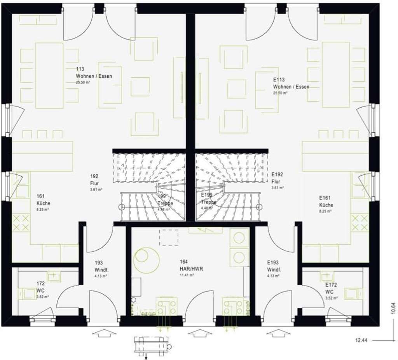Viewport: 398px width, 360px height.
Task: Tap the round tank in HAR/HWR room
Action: pyautogui.click(x=146, y=259)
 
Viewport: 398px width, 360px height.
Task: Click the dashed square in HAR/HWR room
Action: pyautogui.click(x=169, y=237)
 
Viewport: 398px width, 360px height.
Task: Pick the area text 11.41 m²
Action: pyautogui.click(x=187, y=275)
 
